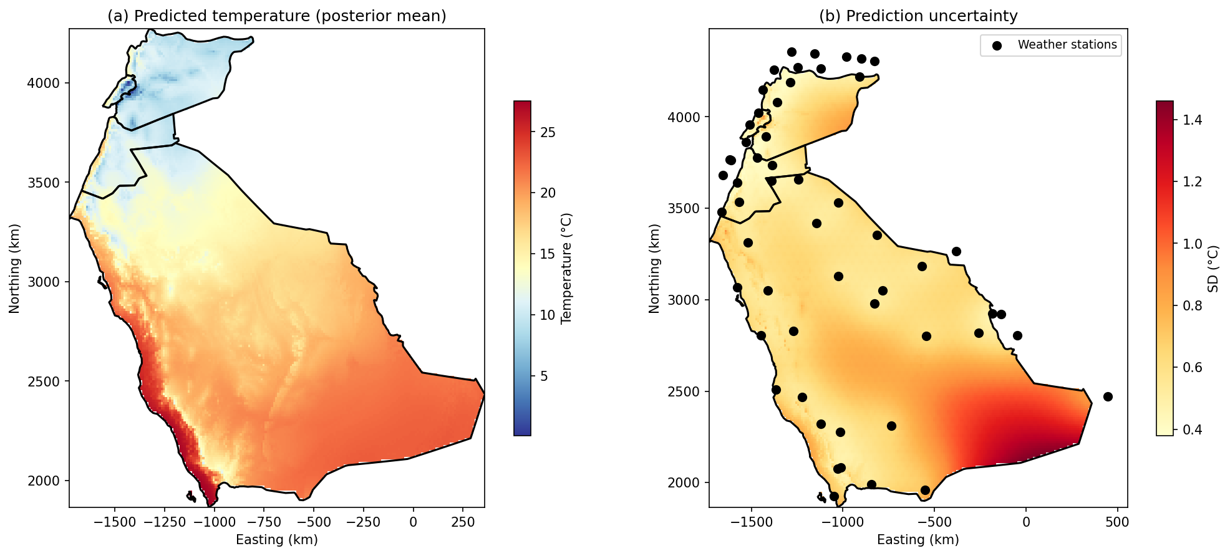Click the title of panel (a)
coord(276,16)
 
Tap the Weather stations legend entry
coord(1067,45)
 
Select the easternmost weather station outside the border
coord(1108,396)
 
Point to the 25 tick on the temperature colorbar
coord(548,132)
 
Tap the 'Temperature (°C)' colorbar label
coord(566,268)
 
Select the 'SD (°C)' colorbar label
coord(1213,268)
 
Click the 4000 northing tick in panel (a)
coord(43,83)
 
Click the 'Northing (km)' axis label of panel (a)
coord(14,268)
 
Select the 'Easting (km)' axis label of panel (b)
coord(918,539)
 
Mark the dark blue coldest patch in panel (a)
coord(128,86)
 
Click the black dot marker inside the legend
coord(997,46)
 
